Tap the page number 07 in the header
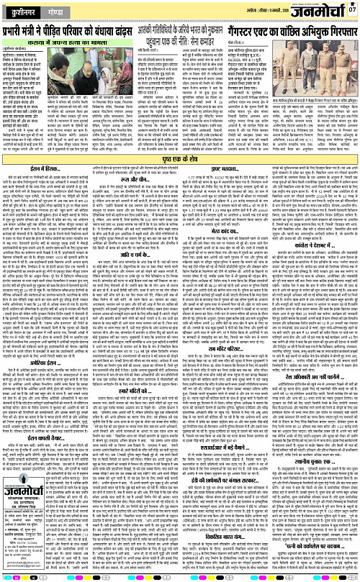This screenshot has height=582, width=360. tap(352, 9)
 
